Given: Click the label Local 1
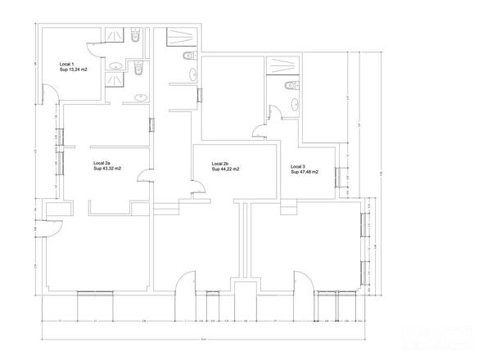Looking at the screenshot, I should pos(67,64).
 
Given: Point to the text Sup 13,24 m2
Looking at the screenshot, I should pos(74,70).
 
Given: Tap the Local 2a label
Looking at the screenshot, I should pos(102,163).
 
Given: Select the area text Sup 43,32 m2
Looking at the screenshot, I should pos(107,169).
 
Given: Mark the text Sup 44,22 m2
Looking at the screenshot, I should pos(225,169).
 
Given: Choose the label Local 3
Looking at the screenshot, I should pos(297,166).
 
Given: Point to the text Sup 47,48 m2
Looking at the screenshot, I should pos(305,172).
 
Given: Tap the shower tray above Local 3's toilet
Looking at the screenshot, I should pos(283,65).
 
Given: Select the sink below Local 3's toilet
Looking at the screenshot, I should pos(291,102).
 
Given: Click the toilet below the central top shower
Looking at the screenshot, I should pos(189,56).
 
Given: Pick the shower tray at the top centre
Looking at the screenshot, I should pos(178,38).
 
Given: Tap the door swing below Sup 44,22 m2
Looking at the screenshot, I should pos(198,191).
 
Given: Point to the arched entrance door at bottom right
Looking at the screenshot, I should pos(302,282).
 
